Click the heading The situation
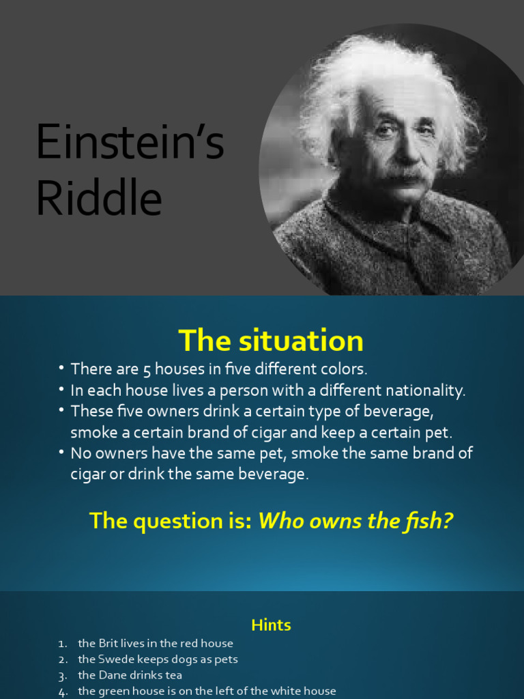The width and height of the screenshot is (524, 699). pyautogui.click(x=271, y=340)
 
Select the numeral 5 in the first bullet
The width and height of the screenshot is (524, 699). pyautogui.click(x=147, y=370)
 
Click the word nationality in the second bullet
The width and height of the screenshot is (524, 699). pyautogui.click(x=424, y=390)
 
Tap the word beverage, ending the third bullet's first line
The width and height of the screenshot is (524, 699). pyautogui.click(x=403, y=412)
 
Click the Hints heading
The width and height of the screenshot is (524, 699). pyautogui.click(x=271, y=625)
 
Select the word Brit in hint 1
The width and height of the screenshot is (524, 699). pyautogui.click(x=110, y=643)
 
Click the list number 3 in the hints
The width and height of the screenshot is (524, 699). pyautogui.click(x=62, y=676)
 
